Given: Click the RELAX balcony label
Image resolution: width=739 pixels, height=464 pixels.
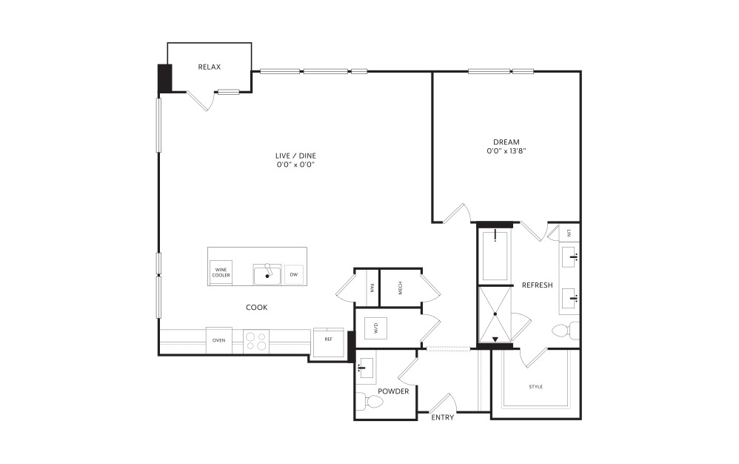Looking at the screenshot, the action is coord(210,67).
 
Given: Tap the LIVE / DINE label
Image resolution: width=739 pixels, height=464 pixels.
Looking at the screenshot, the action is coord(295,156).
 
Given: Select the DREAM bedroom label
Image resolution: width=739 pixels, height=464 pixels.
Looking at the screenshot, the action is coord(506,142).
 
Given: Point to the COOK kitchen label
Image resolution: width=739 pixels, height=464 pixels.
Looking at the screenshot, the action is coord(256,308).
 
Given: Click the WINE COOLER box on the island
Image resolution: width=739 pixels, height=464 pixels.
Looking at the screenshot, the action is coord(221,273).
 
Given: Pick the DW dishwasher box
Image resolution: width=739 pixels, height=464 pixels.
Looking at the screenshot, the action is coord(294,274).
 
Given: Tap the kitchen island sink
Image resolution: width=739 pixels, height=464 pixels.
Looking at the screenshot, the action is coord(267,274).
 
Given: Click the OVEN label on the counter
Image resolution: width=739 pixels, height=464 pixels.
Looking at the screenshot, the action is coord(218,340).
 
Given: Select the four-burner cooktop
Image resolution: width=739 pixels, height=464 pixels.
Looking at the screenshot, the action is coord(256,342).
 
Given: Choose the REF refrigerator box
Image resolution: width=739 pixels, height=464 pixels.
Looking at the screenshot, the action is coord(329,342).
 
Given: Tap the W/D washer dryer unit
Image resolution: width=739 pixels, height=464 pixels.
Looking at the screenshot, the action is coord(376,328).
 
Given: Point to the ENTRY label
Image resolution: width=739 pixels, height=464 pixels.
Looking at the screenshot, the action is coord(443,417).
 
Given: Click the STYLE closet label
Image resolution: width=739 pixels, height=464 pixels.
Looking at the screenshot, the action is coord(536,387).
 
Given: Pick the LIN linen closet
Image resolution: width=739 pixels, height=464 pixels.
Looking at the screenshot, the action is coord(569,233).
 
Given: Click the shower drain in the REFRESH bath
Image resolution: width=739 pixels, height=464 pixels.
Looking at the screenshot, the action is coord(495,314).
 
